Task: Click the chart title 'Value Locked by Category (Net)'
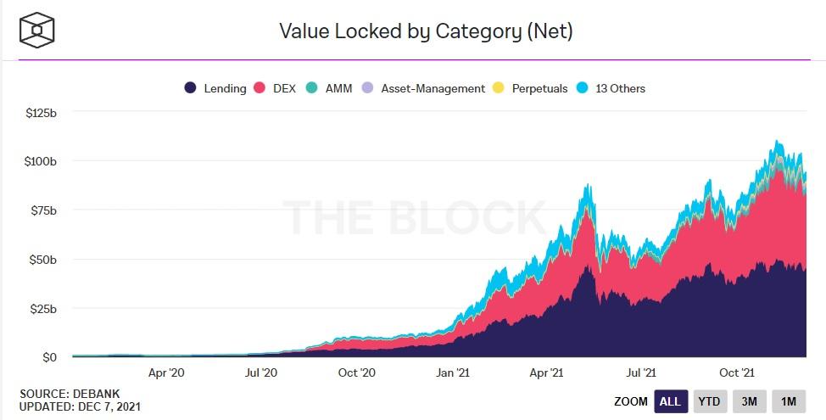(426, 32)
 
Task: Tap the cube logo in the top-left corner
(37, 31)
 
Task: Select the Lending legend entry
(216, 88)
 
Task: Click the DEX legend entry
(275, 88)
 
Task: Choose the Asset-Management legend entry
(424, 88)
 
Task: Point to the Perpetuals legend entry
(530, 88)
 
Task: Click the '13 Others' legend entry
(611, 88)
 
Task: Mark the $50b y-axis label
(42, 259)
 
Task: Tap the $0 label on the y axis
(49, 357)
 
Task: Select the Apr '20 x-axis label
(166, 372)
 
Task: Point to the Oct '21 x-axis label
(737, 372)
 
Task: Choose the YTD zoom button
(710, 401)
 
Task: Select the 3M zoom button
(750, 401)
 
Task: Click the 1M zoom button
(789, 401)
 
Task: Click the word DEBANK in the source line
(102, 394)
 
